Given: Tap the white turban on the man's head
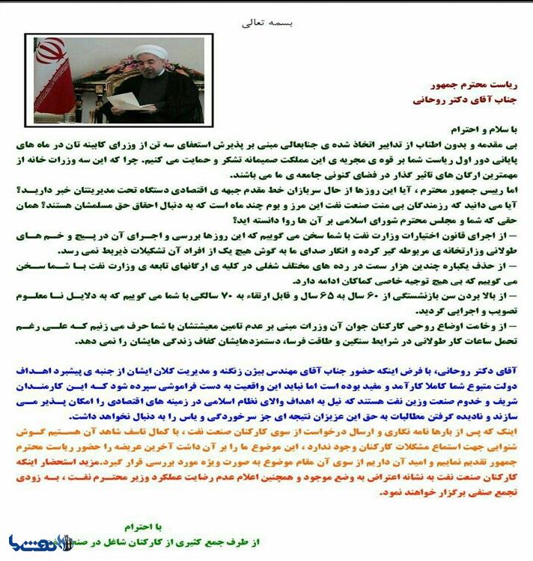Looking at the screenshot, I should click(x=150, y=52).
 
